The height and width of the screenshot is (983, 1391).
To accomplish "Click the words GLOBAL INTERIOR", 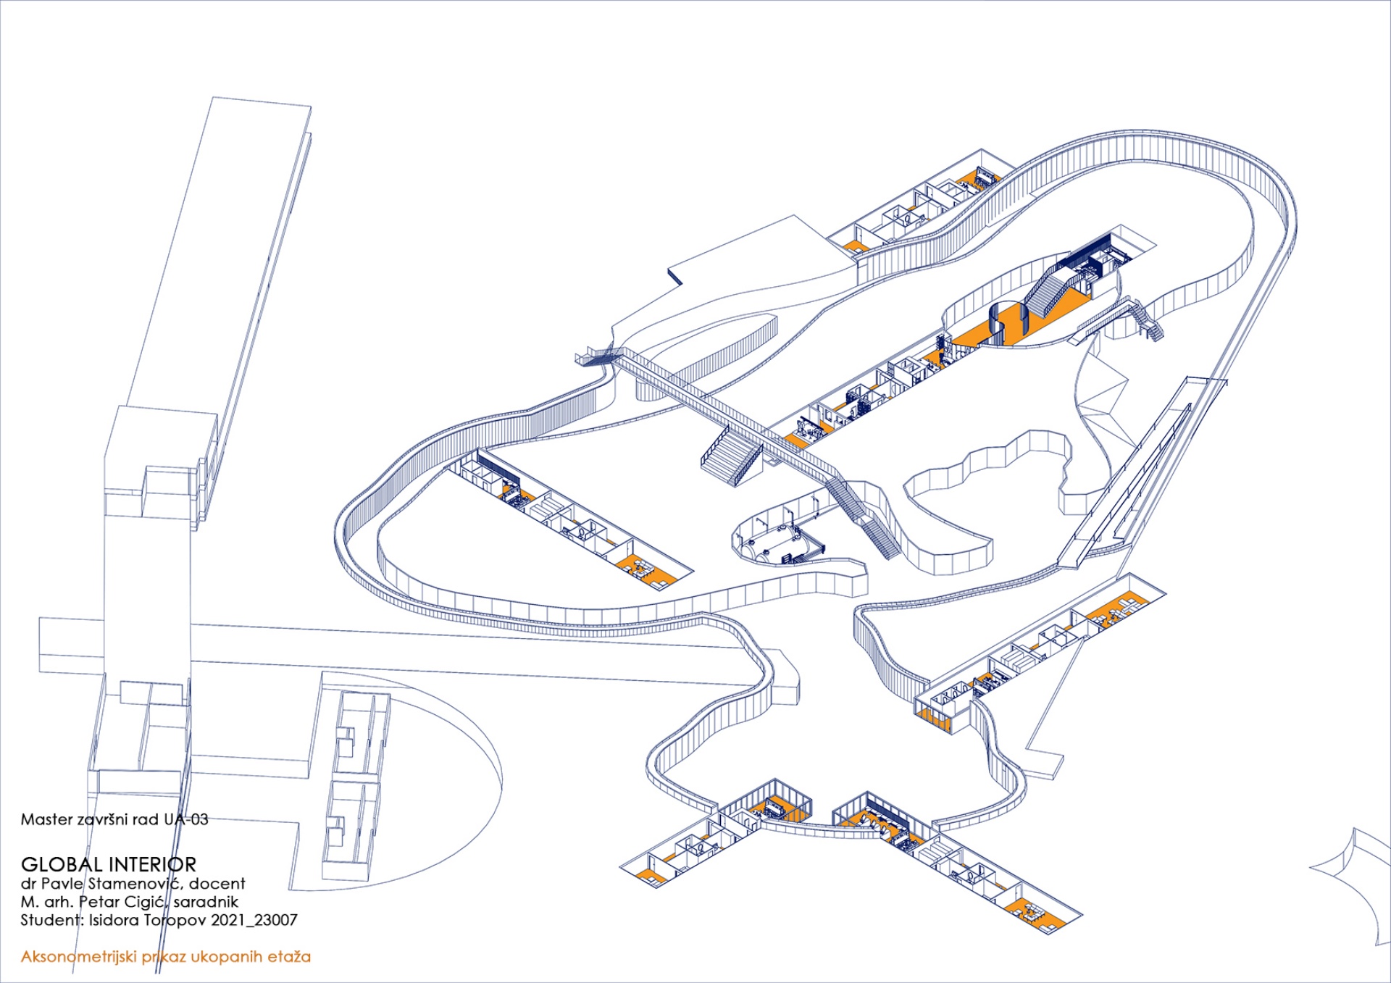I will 109,864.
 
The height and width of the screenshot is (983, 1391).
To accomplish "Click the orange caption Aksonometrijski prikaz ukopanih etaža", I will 165,956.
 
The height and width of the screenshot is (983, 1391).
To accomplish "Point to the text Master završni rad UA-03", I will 114,819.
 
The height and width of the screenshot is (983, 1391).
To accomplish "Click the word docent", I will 217,883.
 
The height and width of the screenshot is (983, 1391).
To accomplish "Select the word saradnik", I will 206,902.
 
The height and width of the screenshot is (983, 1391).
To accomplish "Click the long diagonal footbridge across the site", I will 724,413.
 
